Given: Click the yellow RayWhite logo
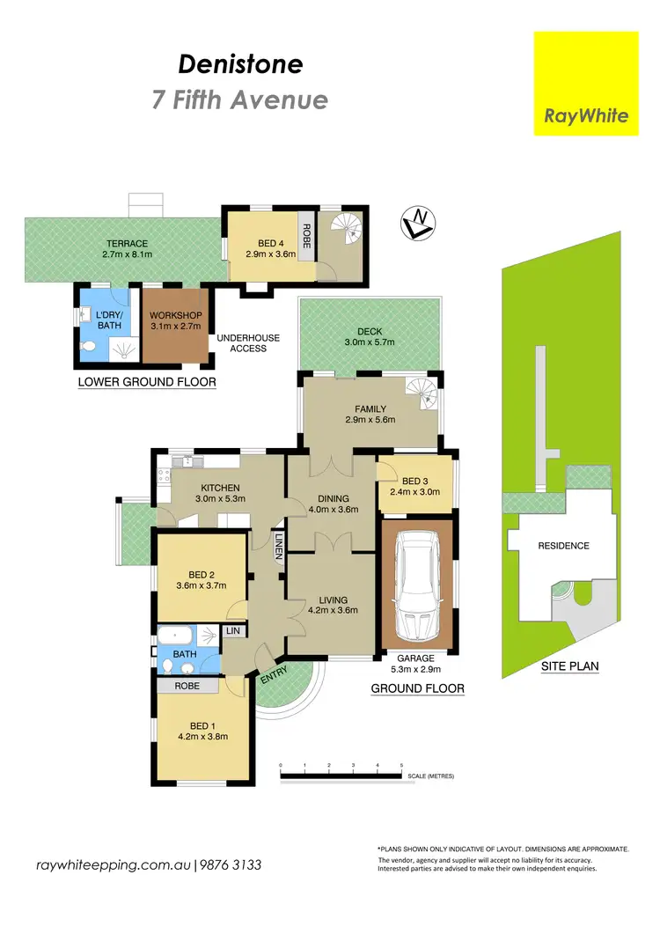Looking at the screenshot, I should (586, 84).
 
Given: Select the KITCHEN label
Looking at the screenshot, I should (220, 488).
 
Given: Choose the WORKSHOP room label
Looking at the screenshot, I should (176, 316).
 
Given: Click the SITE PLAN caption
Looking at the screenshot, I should (570, 666).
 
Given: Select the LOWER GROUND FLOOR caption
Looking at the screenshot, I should (146, 382).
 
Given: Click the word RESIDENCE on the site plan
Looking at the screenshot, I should (563, 546).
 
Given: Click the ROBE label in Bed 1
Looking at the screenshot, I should (186, 685).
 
